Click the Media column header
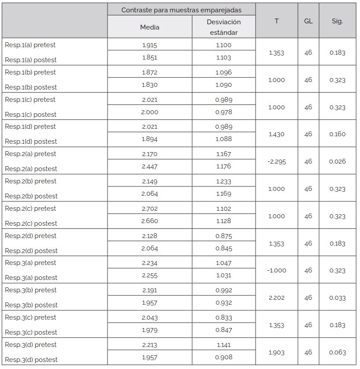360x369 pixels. click(149, 27)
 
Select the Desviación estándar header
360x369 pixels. click(223, 27)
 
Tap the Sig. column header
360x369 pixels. click(337, 21)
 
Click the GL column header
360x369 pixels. click(308, 21)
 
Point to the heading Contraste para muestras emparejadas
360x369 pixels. click(181, 10)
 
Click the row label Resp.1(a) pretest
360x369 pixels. click(30, 45)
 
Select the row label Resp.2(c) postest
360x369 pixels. click(31, 224)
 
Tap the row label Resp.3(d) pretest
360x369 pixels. click(30, 345)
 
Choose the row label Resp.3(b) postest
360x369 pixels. click(31, 305)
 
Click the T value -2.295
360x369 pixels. click(276, 161)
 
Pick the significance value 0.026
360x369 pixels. click(337, 161)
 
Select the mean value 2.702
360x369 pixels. click(149, 209)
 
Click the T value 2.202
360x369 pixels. click(276, 298)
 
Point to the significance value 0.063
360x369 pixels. click(337, 352)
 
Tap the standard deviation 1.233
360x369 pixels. click(223, 181)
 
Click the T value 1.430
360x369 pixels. click(276, 134)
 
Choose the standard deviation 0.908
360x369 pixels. click(223, 357)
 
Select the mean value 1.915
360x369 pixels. click(149, 45)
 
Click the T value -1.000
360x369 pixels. click(276, 270)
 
